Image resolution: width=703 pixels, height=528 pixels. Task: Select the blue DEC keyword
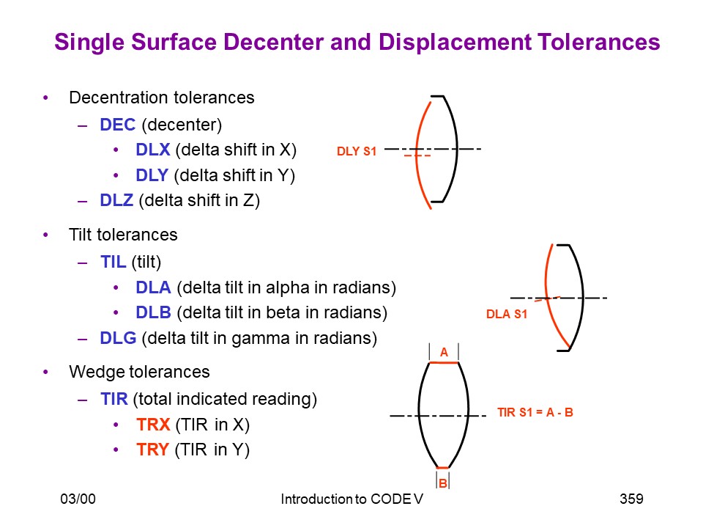117,125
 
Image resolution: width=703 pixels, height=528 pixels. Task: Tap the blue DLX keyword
153,150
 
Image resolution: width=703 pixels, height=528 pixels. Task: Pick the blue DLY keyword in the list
152,175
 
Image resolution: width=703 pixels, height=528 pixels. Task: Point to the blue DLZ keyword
116,200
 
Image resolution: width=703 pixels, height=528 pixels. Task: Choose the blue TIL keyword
114,262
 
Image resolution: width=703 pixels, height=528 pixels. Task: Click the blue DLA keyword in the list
153,287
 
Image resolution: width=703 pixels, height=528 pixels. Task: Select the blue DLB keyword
153,312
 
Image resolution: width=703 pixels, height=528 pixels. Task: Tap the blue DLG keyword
119,338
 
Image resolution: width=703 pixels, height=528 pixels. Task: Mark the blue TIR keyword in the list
114,399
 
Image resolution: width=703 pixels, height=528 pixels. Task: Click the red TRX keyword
153,425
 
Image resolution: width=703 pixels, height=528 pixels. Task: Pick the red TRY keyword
153,450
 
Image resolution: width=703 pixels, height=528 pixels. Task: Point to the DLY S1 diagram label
357,151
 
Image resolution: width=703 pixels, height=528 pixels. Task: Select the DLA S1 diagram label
507,314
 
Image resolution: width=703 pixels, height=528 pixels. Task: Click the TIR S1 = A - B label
535,412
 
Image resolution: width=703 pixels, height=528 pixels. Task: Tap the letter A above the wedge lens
444,352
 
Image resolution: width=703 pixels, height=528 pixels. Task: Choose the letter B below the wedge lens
443,483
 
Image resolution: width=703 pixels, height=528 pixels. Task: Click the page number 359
631,499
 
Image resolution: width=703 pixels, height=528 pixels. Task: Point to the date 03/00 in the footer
78,499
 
